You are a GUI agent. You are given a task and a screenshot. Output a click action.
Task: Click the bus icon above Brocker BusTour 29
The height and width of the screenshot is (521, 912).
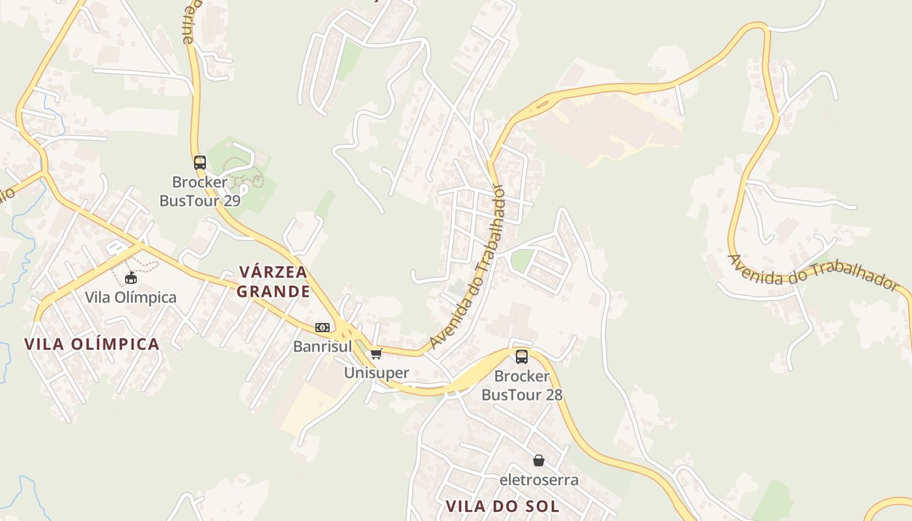pyautogui.click(x=200, y=163)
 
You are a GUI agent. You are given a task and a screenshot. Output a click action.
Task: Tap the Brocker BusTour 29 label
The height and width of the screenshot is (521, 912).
pyautogui.click(x=200, y=191)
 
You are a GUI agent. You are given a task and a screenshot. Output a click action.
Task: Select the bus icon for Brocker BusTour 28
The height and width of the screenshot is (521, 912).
pyautogui.click(x=522, y=356)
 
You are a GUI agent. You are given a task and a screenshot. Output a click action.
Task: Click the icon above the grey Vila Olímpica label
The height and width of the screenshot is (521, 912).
pyautogui.click(x=131, y=278)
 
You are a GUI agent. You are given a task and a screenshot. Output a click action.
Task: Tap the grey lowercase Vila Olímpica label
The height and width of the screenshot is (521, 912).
pyautogui.click(x=130, y=298)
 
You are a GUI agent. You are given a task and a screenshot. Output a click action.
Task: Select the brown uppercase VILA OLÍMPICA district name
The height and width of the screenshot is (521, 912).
pyautogui.click(x=92, y=344)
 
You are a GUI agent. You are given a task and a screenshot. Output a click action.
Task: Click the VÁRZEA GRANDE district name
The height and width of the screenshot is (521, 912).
pyautogui.click(x=273, y=281)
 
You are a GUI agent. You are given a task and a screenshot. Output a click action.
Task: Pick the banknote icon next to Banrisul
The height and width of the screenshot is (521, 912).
pyautogui.click(x=322, y=328)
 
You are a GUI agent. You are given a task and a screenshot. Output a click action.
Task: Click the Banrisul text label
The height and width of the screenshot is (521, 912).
pyautogui.click(x=322, y=346)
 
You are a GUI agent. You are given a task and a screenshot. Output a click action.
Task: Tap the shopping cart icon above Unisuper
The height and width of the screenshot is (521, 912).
pyautogui.click(x=376, y=354)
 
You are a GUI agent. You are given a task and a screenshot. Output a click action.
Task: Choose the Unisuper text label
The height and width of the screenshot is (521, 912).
pyautogui.click(x=377, y=373)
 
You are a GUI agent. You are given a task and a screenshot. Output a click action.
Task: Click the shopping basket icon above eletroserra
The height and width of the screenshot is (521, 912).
pyautogui.click(x=539, y=461)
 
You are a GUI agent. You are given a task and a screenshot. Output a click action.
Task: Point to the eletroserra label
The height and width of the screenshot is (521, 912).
pyautogui.click(x=539, y=480)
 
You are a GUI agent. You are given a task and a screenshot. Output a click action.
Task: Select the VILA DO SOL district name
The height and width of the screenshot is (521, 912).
pyautogui.click(x=502, y=506)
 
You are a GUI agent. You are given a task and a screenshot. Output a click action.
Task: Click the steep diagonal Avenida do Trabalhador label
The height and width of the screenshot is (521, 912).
pyautogui.click(x=468, y=267)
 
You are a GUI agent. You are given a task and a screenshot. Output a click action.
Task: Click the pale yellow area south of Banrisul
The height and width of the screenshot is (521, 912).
pyautogui.click(x=306, y=407)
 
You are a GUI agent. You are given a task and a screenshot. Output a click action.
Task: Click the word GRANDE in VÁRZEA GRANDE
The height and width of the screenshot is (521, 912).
pyautogui.click(x=273, y=291)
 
